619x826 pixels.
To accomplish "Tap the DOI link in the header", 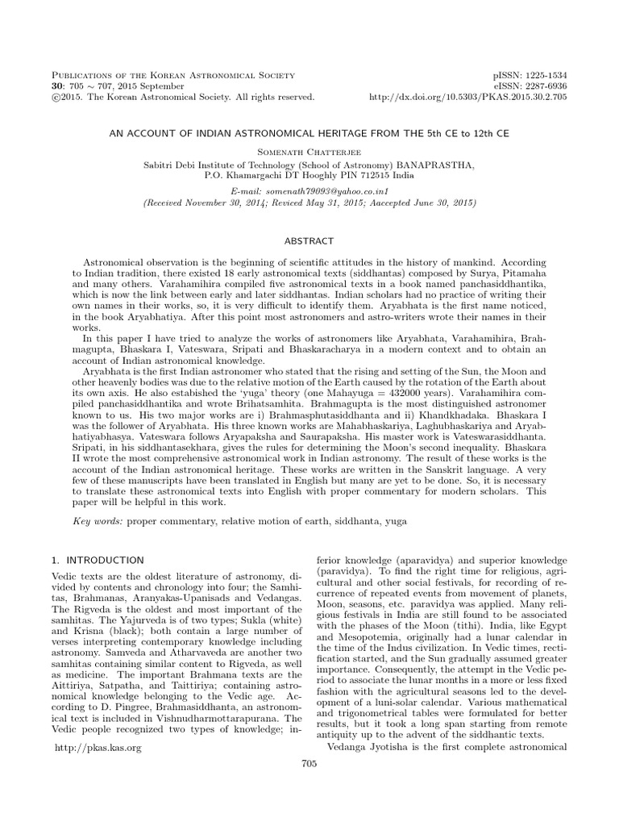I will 480,97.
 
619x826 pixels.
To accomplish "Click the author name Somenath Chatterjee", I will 309,150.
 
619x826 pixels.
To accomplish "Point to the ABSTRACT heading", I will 309,241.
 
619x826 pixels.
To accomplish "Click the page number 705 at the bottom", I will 309,763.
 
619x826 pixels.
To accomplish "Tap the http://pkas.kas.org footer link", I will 98,748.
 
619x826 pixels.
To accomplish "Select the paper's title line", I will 309,131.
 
